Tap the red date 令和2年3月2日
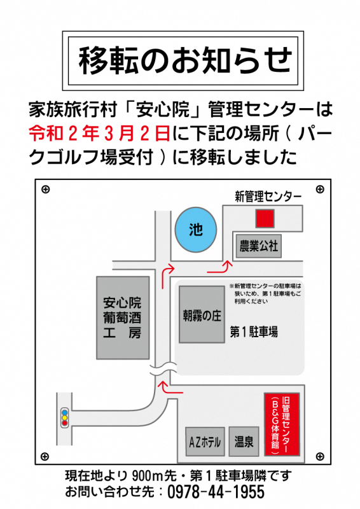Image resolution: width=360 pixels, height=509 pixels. pos(100,134)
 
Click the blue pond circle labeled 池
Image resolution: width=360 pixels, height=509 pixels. pos(196,230)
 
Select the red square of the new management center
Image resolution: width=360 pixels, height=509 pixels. pos(265,218)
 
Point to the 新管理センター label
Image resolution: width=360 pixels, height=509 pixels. pos(268,196)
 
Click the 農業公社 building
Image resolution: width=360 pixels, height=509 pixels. pos(258,246)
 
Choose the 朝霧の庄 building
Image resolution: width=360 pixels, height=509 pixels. pos(202,314)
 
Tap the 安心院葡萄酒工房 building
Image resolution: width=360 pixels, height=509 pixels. pos(123,317)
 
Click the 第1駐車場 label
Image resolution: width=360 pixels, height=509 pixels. pos(254,331)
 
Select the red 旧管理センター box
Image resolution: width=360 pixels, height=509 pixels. pos(282,424)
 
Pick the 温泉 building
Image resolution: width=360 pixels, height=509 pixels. pos(244,442)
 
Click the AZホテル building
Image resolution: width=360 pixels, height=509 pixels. pos(205,442)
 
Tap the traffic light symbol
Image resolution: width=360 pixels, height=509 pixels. pos(65,417)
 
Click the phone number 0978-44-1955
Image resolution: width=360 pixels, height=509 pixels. pos(216,492)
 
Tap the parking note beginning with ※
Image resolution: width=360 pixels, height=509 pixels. pos(265,293)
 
